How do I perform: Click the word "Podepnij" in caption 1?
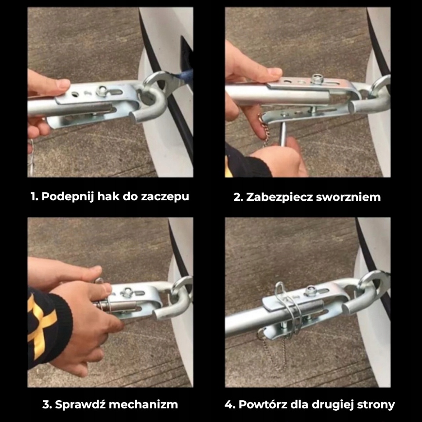pyautogui.click(x=68, y=196)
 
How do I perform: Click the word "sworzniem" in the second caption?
pyautogui.click(x=348, y=197)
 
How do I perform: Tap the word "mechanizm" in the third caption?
pyautogui.click(x=143, y=404)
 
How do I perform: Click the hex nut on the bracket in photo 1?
pyautogui.click(x=103, y=90)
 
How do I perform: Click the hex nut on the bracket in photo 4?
pyautogui.click(x=311, y=290)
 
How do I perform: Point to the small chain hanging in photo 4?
pyautogui.click(x=272, y=350)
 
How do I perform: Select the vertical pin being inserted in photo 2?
pyautogui.click(x=283, y=130)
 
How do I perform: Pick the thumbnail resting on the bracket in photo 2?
pyautogui.click(x=275, y=71)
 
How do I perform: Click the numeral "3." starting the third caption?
pyautogui.click(x=47, y=404)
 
